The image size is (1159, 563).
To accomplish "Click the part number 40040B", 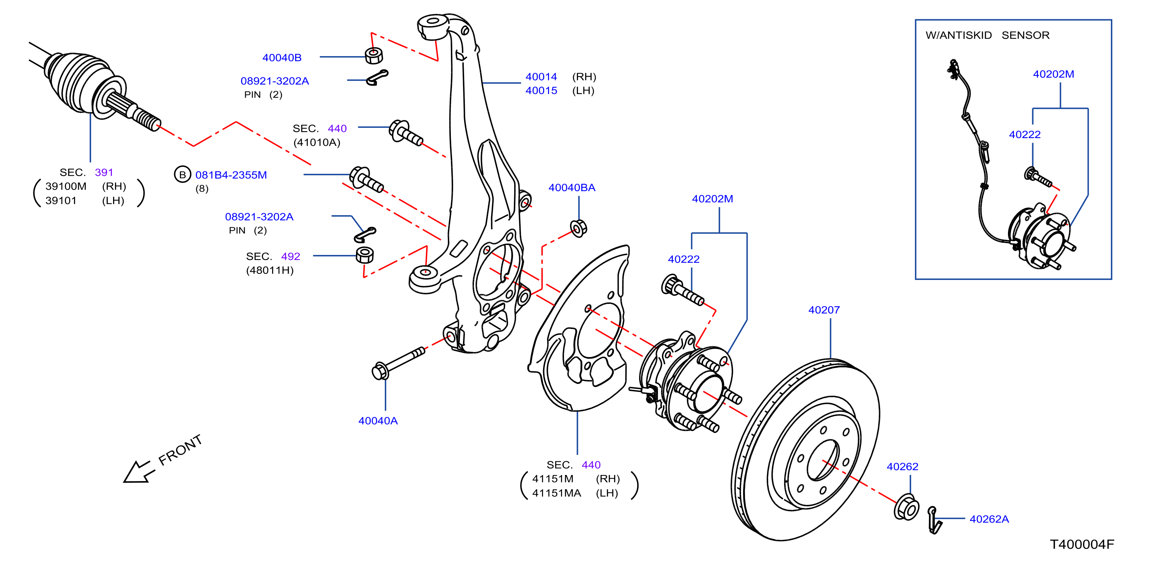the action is [x=282, y=58].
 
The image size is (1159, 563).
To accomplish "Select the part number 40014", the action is [x=541, y=77].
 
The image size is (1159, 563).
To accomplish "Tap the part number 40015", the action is [x=541, y=90].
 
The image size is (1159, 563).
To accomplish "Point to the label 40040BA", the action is [x=572, y=187].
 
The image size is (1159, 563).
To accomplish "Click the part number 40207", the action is [x=824, y=310].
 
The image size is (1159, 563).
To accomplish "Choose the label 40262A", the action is [x=989, y=519].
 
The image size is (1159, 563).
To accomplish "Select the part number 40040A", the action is [x=378, y=420].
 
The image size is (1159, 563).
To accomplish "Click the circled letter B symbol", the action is [x=182, y=175].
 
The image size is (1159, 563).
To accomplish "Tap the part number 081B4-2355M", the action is [x=231, y=175].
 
